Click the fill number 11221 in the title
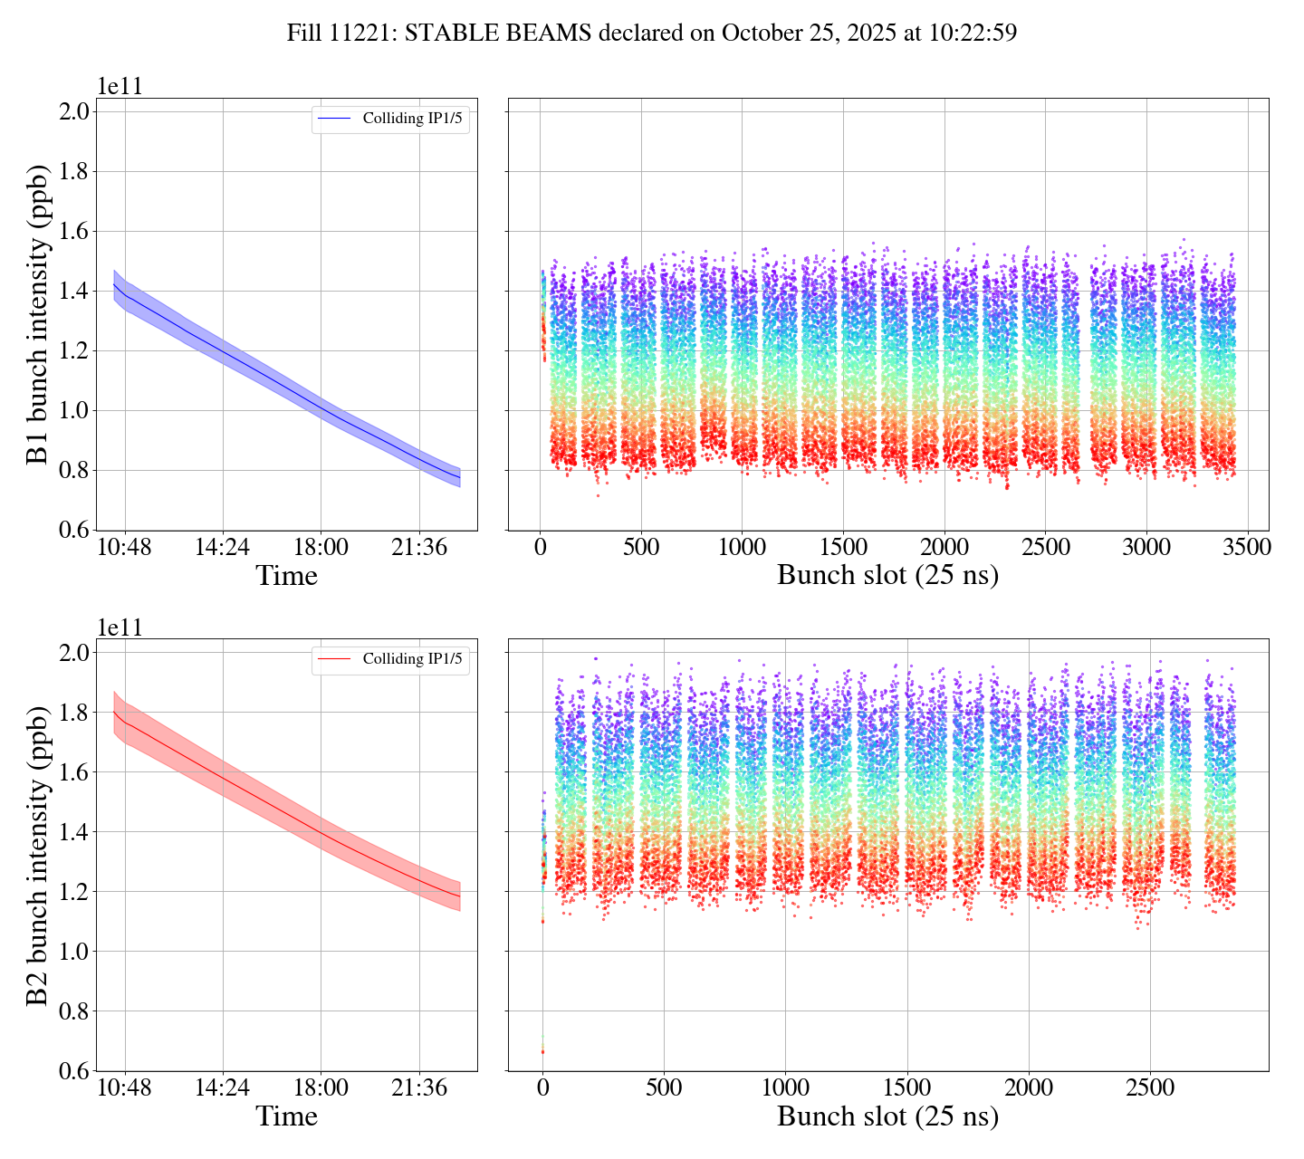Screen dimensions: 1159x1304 tap(365, 34)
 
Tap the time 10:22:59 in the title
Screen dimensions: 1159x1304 tap(973, 34)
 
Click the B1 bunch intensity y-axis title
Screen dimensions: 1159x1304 tap(37, 314)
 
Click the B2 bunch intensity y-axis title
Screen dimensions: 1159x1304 tap(37, 855)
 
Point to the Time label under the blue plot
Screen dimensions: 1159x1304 tap(286, 576)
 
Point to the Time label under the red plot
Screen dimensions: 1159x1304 tap(286, 1116)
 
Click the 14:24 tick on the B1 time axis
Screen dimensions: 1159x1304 tap(223, 548)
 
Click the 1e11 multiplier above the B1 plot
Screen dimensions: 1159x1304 tap(120, 87)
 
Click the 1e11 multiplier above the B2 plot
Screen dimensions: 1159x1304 tap(120, 627)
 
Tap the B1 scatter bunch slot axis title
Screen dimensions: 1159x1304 tap(887, 576)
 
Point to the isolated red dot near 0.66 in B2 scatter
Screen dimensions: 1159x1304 tap(542, 1051)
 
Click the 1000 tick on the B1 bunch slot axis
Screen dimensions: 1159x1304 tap(742, 548)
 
